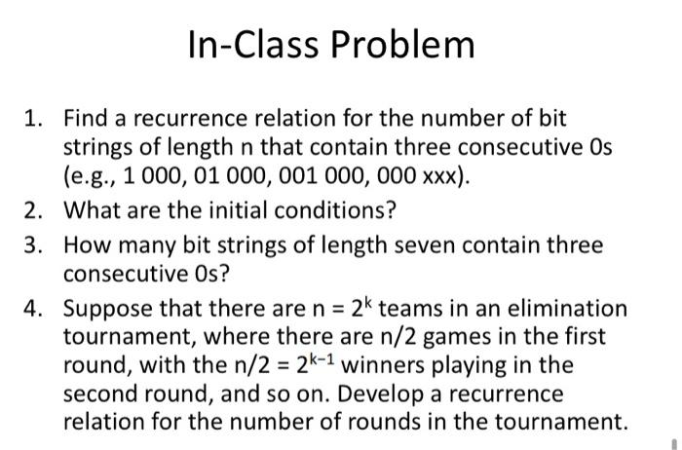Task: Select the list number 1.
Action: coord(34,120)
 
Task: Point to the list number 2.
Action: coord(34,210)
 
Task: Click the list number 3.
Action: coord(34,245)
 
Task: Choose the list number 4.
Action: coord(34,309)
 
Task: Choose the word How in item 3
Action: coord(88,245)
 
